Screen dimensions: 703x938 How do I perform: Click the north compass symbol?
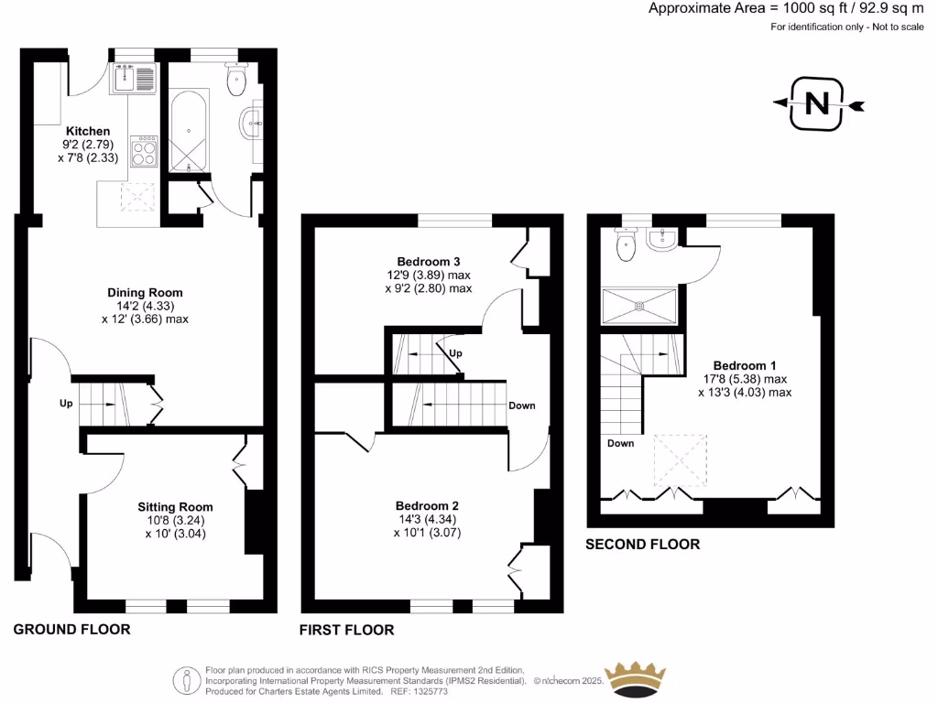pyautogui.click(x=817, y=104)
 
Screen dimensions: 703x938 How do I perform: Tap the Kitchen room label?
pyautogui.click(x=88, y=131)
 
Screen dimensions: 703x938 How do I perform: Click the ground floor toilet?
pyautogui.click(x=237, y=80)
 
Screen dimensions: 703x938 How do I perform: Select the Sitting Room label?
pyautogui.click(x=175, y=506)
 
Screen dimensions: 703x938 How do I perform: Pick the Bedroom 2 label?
pyautogui.click(x=427, y=505)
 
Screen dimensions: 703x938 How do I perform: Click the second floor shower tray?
pyautogui.click(x=639, y=305)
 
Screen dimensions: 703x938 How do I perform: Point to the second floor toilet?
pyautogui.click(x=627, y=245)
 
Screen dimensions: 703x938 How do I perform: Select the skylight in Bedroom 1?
pyautogui.click(x=679, y=460)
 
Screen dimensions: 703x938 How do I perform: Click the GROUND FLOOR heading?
pyautogui.click(x=71, y=629)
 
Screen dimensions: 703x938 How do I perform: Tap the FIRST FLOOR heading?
pyautogui.click(x=347, y=630)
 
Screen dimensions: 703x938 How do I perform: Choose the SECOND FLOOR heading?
pyautogui.click(x=643, y=545)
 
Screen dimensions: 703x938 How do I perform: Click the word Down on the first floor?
pyautogui.click(x=522, y=406)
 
